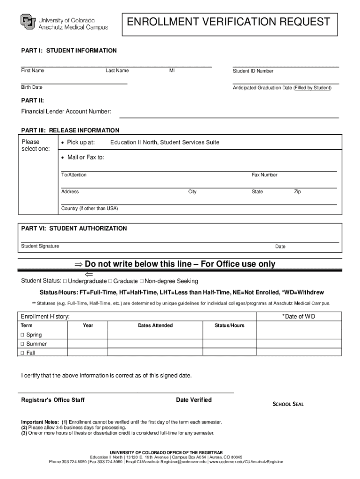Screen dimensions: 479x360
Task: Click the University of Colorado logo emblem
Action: pos(28,22)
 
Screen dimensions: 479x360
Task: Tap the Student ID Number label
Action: pos(253,71)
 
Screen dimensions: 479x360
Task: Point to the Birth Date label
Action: pos(31,87)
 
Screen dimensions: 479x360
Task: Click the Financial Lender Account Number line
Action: pos(229,116)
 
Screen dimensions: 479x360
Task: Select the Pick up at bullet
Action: pos(63,142)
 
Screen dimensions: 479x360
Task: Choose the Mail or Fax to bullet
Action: pos(63,158)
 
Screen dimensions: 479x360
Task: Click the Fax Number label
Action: pos(265,175)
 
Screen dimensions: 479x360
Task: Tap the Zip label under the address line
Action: pos(297,192)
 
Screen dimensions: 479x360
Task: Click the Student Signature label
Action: pos(40,247)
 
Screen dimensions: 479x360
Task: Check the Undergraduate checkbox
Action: pos(65,281)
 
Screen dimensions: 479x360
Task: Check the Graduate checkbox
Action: pos(110,281)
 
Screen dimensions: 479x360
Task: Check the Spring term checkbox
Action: pos(22,335)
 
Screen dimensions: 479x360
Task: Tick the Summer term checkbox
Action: pos(22,344)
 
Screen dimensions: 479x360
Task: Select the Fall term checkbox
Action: pos(22,353)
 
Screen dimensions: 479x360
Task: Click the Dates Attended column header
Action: pos(155,326)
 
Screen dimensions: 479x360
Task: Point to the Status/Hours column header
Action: pos(229,326)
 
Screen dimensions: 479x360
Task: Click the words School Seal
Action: pos(288,404)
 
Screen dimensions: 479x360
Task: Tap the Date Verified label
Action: pos(194,400)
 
